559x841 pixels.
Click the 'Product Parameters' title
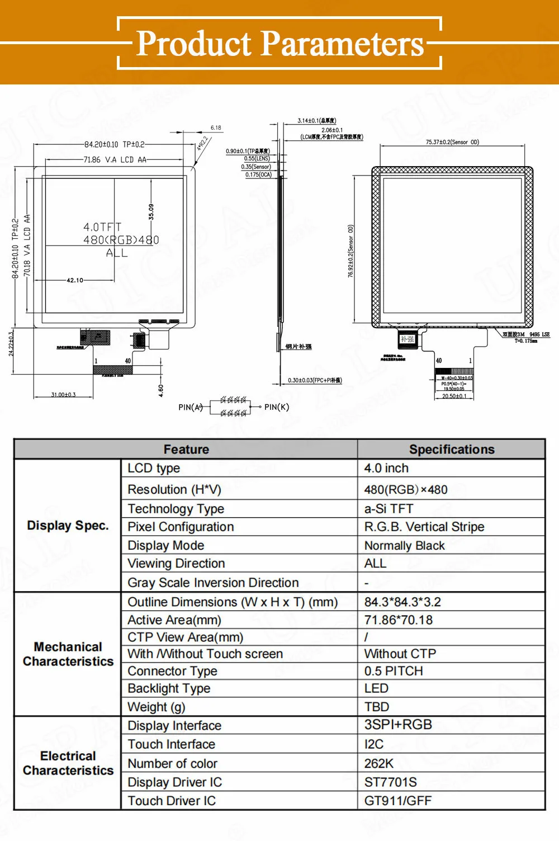click(280, 44)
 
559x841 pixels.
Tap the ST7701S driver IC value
click(390, 782)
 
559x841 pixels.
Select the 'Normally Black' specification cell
click(404, 545)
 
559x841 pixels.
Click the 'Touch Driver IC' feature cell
click(172, 801)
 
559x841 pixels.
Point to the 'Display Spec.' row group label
click(68, 526)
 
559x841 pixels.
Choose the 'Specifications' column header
click(451, 450)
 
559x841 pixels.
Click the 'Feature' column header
click(186, 450)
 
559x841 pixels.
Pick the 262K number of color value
click(378, 763)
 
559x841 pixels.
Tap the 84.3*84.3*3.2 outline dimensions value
click(402, 602)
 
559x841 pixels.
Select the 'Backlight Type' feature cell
click(169, 688)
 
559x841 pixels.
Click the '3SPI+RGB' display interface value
click(398, 725)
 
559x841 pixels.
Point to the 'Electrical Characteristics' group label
click(68, 763)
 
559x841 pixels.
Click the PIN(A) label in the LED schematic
click(190, 407)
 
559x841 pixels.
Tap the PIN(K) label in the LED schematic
click(277, 407)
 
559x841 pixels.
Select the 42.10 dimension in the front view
click(75, 280)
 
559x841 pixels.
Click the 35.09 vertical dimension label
click(151, 211)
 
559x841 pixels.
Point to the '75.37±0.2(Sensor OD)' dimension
click(452, 142)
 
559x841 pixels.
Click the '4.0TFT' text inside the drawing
click(102, 227)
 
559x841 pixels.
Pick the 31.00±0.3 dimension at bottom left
click(63, 395)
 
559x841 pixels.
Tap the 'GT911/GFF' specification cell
click(397, 801)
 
